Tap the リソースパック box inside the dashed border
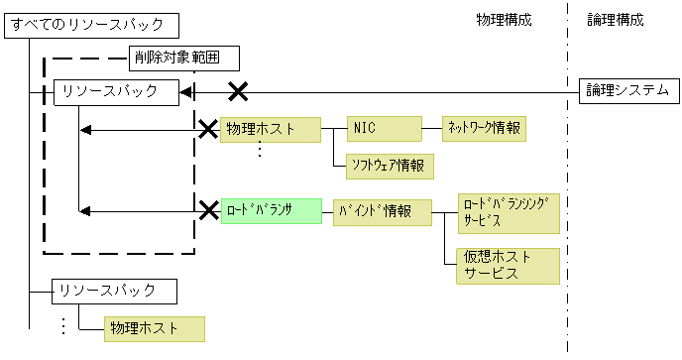[116, 92]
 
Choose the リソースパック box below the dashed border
[116, 291]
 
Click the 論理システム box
[627, 92]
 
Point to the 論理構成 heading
[615, 19]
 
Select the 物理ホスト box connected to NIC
[271, 129]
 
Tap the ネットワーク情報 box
[484, 129]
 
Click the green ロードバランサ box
[271, 211]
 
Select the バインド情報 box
[383, 211]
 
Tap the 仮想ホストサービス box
[509, 265]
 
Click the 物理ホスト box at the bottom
[154, 328]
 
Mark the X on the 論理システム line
[238, 92]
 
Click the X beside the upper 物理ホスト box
[208, 129]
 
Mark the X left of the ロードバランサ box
[208, 210]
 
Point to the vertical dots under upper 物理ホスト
[259, 150]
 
